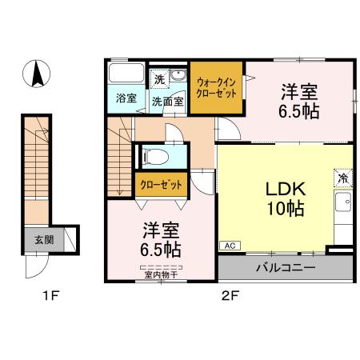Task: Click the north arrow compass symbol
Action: pyautogui.click(x=37, y=76)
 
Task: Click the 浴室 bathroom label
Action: pyautogui.click(x=126, y=100)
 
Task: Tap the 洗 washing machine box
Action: pyautogui.click(x=159, y=78)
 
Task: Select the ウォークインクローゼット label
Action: pyautogui.click(x=216, y=87)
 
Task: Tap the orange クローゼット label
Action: pyautogui.click(x=160, y=185)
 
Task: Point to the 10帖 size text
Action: pyautogui.click(x=284, y=210)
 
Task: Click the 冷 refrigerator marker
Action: pyautogui.click(x=342, y=178)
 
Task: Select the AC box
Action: pyautogui.click(x=229, y=246)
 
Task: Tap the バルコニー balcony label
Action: pyautogui.click(x=286, y=267)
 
